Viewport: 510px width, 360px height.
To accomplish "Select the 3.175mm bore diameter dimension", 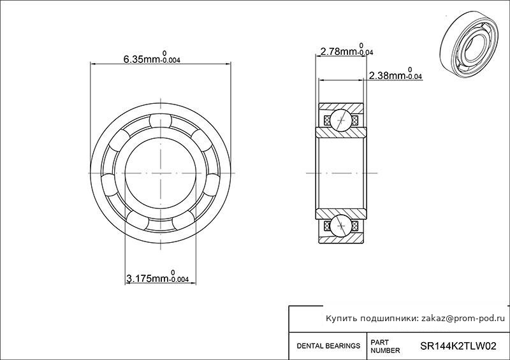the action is click(157, 277).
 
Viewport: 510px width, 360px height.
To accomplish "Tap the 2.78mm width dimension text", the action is click(347, 50).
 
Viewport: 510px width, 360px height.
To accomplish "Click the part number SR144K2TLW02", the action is click(458, 346).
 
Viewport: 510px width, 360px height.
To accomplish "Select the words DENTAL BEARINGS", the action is click(328, 346).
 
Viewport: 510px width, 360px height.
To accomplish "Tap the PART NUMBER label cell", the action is click(385, 347).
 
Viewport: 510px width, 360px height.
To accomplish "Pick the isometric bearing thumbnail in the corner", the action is click(470, 45).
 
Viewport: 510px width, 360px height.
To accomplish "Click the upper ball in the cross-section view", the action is click(341, 120).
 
